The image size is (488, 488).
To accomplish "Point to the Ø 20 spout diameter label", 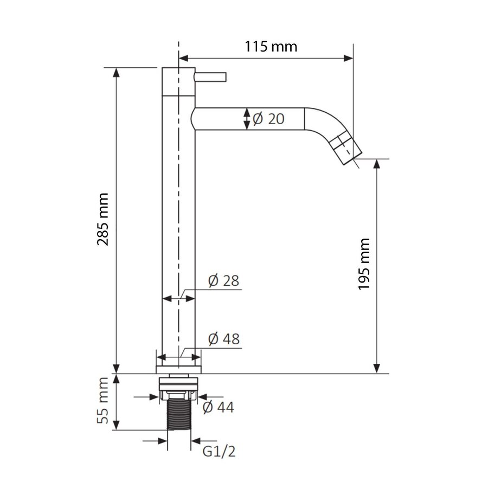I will coord(268,119).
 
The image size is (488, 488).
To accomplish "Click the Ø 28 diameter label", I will coord(223,281).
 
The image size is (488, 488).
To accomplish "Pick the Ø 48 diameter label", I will coord(223,339).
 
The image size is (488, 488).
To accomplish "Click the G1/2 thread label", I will coord(220,451).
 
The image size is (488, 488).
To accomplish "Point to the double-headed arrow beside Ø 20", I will coord(247,119).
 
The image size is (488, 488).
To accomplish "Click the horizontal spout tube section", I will coord(249,119).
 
